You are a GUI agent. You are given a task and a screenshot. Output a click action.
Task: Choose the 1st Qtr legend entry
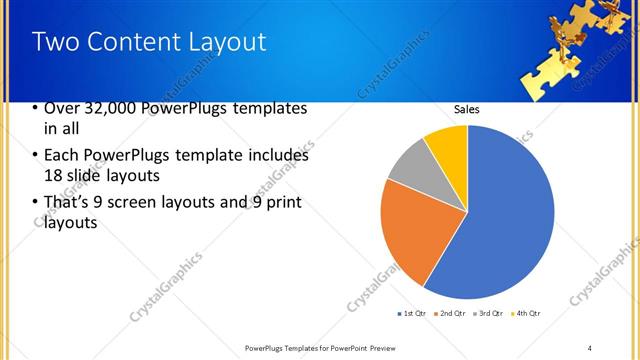[412, 314]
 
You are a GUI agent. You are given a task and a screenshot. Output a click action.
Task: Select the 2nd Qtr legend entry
[451, 314]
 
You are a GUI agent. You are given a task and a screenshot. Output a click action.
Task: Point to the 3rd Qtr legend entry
[490, 314]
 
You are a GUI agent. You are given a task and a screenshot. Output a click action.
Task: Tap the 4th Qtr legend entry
[527, 314]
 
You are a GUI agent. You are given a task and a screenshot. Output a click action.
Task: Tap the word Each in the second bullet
[62, 155]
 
